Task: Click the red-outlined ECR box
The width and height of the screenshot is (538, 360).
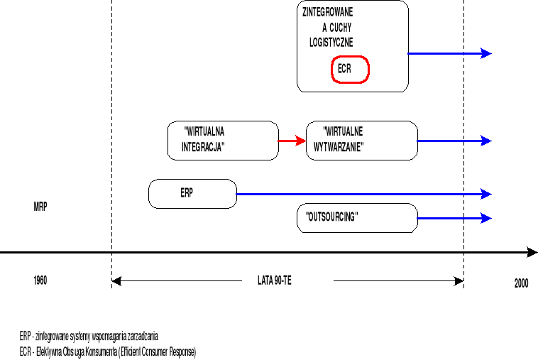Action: tap(351, 70)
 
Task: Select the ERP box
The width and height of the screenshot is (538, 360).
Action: tap(192, 193)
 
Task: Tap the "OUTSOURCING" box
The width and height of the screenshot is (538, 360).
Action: tap(356, 217)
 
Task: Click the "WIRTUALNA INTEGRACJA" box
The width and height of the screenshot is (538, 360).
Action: tap(223, 140)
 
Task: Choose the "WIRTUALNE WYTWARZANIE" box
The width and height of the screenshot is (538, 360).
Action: tap(361, 140)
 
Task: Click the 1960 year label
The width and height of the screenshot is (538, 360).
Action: tap(40, 280)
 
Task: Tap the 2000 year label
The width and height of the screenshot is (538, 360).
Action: tap(522, 283)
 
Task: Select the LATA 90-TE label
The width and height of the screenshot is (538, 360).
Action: tap(274, 280)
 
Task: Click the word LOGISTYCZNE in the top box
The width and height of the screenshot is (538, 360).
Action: tap(331, 43)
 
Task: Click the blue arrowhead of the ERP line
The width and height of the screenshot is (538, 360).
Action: tap(486, 194)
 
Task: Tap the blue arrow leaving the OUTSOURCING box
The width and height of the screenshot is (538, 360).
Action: tap(454, 218)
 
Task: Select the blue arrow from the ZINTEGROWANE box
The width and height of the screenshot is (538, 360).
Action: tap(450, 53)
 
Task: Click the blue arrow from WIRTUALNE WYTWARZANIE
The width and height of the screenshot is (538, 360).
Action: tap(454, 141)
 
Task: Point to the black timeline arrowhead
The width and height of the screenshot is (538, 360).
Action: tap(532, 251)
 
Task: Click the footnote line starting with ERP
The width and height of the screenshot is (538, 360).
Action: tap(89, 335)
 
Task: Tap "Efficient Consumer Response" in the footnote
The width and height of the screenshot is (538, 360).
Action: tap(153, 351)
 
